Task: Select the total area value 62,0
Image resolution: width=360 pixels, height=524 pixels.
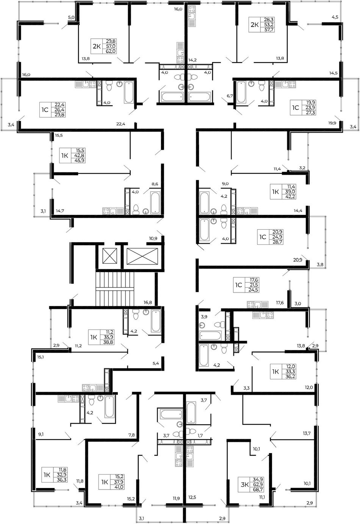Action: click(x=111, y=51)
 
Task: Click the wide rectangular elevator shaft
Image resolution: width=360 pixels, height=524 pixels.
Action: click(x=142, y=256)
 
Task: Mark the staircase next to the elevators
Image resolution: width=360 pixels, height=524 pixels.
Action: click(x=114, y=289)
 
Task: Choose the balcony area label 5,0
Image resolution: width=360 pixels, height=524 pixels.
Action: click(x=71, y=17)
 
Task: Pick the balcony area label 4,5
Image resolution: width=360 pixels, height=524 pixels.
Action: click(x=335, y=17)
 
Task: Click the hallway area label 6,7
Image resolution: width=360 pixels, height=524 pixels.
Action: click(x=230, y=96)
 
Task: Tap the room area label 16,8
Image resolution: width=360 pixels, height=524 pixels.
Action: click(x=148, y=302)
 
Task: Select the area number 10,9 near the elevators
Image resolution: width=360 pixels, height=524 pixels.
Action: click(x=153, y=238)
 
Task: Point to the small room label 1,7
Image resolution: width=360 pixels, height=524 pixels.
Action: click(x=200, y=435)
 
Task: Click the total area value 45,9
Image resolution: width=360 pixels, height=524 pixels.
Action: click(x=80, y=161)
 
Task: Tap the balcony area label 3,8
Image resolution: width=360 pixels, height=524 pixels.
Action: click(x=320, y=264)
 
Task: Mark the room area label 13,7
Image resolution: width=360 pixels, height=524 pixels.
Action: click(x=307, y=433)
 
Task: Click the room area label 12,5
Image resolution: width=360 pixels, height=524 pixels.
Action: click(x=192, y=497)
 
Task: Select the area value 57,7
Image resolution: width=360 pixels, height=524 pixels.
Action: click(x=269, y=30)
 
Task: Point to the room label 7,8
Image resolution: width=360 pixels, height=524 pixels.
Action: click(x=131, y=435)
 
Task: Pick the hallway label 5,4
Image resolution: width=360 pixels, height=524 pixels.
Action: click(x=156, y=363)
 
